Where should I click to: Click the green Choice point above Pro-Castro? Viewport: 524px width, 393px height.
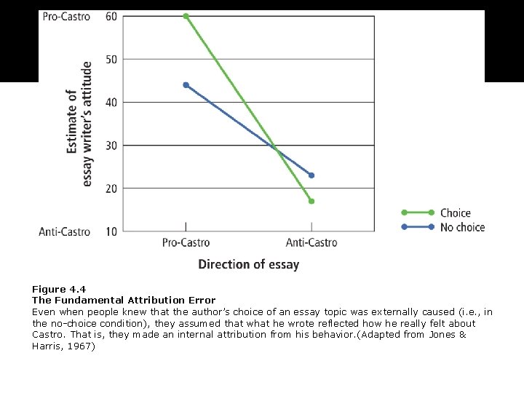pos(186,16)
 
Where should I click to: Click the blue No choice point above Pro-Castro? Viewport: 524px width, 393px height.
pos(186,85)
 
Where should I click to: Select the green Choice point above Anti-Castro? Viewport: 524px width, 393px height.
pos(311,201)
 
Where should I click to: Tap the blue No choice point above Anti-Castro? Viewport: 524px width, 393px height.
pos(311,175)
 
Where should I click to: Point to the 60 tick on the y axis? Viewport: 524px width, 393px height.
pos(111,16)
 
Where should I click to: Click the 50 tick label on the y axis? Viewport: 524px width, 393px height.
pos(111,59)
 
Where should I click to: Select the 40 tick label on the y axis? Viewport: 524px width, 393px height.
pos(111,102)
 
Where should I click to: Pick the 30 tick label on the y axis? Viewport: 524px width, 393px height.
pos(111,146)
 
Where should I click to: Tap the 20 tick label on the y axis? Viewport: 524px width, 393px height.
pos(111,188)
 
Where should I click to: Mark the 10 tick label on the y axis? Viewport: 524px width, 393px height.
pos(111,231)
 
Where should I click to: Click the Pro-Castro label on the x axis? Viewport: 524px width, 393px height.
pos(186,242)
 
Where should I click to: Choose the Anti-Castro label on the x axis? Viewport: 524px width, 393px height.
pos(311,242)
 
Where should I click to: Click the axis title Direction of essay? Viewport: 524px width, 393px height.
pos(249,264)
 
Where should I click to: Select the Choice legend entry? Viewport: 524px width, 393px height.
pos(456,213)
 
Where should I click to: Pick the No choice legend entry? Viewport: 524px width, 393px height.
pos(462,227)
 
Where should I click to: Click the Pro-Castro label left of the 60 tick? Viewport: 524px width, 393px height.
pos(66,16)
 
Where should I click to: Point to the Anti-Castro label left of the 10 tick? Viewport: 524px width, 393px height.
pos(65,231)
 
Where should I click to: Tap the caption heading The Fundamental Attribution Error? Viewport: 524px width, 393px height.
pos(124,301)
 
